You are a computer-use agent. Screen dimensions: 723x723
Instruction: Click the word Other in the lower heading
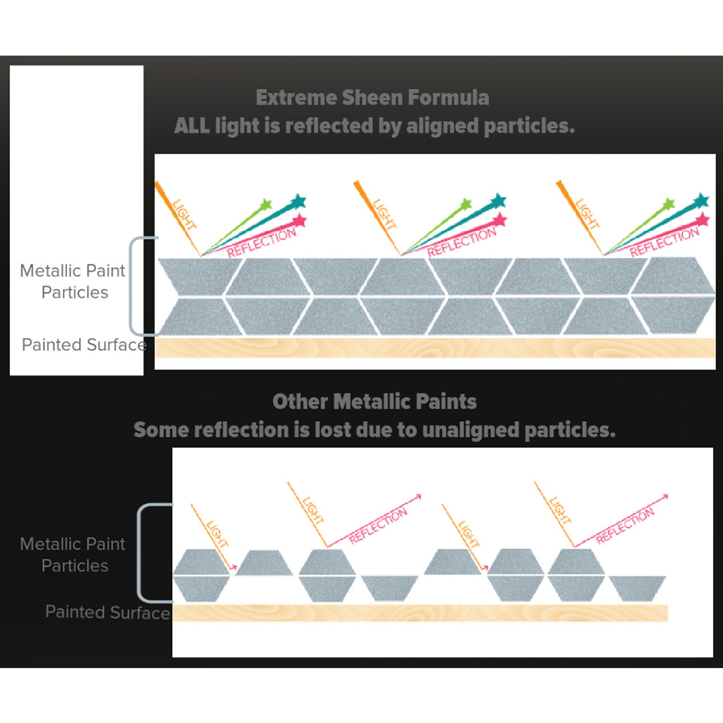click(x=301, y=402)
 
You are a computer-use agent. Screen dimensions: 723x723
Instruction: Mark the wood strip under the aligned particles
click(x=435, y=347)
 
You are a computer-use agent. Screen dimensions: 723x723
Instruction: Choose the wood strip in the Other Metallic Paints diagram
click(x=420, y=613)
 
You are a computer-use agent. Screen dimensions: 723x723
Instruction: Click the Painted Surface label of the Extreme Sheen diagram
click(x=84, y=345)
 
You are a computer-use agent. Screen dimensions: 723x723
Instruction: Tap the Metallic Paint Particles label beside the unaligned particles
click(x=74, y=555)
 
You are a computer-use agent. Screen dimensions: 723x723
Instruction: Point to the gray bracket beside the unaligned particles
click(x=141, y=553)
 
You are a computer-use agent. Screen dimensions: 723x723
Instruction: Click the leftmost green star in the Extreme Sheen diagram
click(x=266, y=204)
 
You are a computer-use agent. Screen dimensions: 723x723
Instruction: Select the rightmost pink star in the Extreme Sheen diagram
click(x=702, y=220)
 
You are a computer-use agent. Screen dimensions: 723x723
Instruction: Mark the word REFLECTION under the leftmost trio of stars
click(x=262, y=243)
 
